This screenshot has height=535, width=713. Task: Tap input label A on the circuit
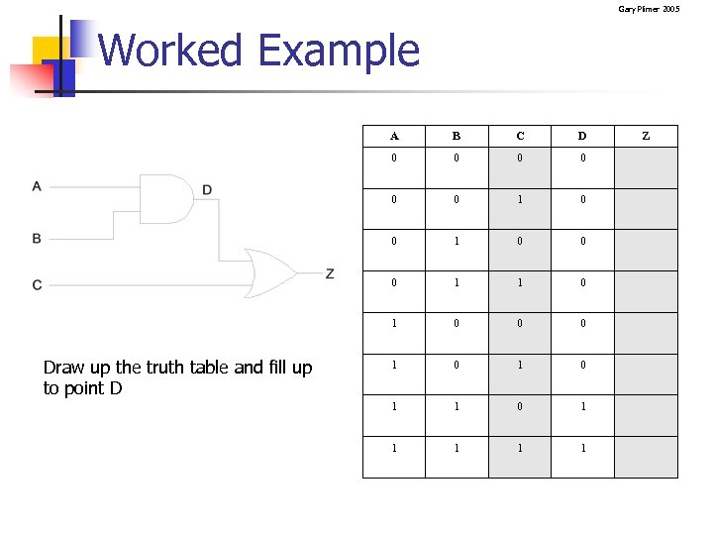[x=37, y=186]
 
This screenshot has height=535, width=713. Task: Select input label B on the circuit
[x=37, y=239]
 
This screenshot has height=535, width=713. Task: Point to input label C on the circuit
[x=37, y=285]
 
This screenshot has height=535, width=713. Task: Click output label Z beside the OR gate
[x=330, y=273]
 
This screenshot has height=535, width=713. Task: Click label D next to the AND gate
[x=207, y=190]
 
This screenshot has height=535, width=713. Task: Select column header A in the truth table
[x=394, y=137]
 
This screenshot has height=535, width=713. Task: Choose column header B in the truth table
[x=457, y=137]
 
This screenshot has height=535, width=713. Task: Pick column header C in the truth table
[x=520, y=137]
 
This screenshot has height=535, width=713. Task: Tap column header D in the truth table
[x=582, y=137]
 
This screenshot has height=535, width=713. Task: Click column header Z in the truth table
[x=646, y=137]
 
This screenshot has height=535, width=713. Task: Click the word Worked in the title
[x=170, y=51]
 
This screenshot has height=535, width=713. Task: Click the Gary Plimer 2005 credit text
[x=649, y=9]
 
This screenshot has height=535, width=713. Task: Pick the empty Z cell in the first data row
[x=646, y=167]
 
